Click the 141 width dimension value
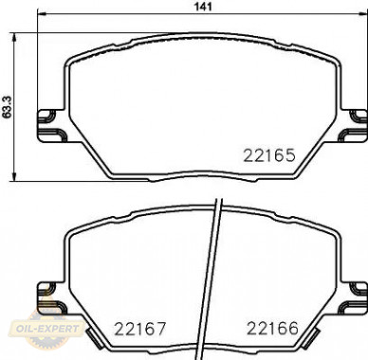(x=203, y=6)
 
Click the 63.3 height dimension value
(x=7, y=107)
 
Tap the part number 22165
(x=269, y=155)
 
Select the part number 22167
(x=139, y=329)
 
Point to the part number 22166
(x=272, y=329)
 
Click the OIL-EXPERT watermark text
(x=47, y=329)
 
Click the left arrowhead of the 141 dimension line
(x=42, y=14)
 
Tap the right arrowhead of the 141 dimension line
(x=362, y=14)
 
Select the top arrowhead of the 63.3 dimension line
(x=13, y=37)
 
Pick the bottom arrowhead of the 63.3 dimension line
(x=13, y=177)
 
